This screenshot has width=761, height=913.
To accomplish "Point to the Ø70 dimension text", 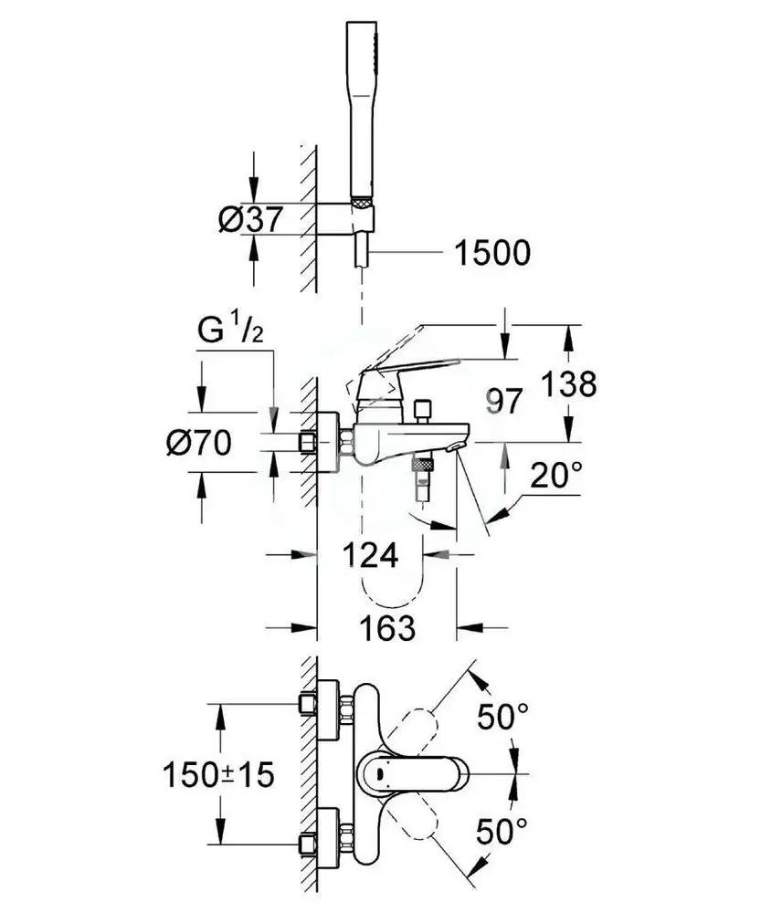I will [196, 445].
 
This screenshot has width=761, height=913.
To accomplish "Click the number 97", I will [507, 402].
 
